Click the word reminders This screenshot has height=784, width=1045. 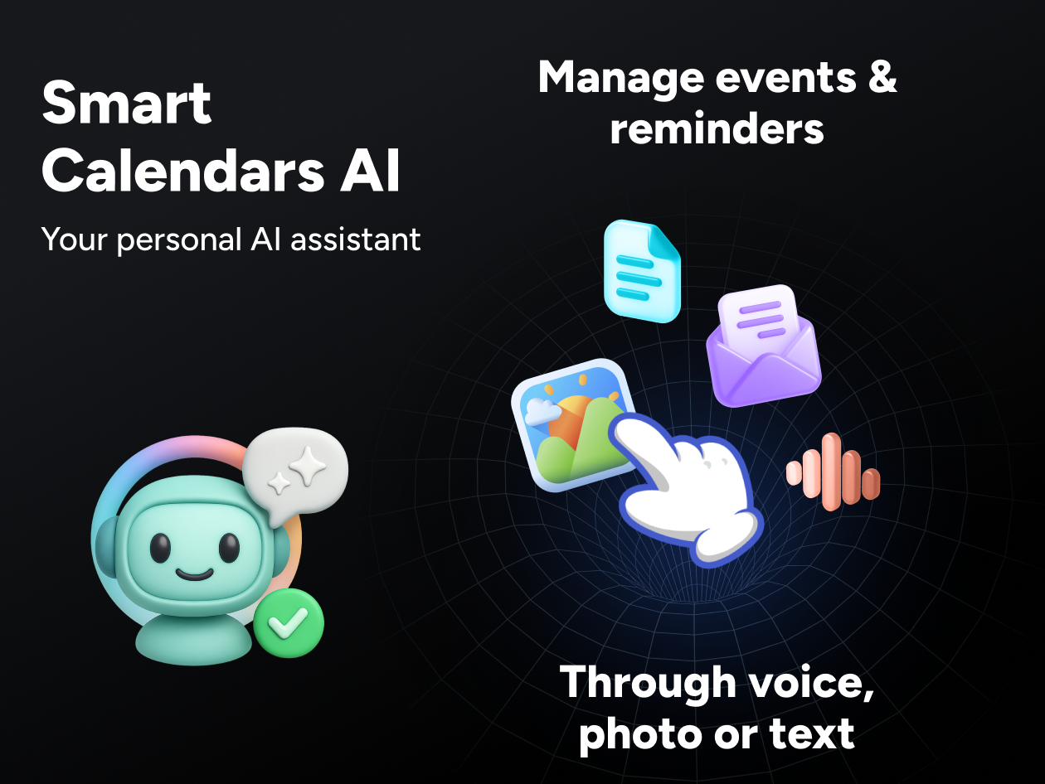tap(717, 128)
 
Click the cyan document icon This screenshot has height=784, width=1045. tap(642, 270)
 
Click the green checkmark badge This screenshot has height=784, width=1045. tap(289, 622)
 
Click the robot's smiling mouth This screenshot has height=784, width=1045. tap(192, 573)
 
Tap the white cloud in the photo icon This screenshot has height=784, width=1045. tap(542, 410)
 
